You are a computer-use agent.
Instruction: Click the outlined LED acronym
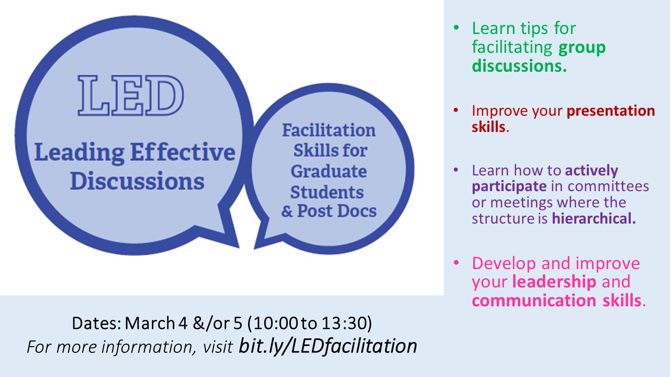131,95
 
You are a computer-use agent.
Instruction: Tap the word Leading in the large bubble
80,153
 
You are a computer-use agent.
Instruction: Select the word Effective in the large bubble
183,152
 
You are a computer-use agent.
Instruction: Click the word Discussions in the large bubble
137,181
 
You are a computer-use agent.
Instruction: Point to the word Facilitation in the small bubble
329,130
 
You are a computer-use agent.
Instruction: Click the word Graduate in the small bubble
329,172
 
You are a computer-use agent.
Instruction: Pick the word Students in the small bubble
327,192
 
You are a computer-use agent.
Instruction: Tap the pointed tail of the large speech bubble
238,247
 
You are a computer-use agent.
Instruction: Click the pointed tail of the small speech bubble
255,248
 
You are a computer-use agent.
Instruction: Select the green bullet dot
456,28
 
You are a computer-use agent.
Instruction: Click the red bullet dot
456,110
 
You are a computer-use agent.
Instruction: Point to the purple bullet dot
456,170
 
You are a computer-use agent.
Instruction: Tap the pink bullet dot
456,263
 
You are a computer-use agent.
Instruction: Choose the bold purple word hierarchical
594,218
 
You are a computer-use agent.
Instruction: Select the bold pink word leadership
554,282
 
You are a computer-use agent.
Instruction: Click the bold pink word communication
534,301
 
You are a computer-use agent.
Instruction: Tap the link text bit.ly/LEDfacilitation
328,346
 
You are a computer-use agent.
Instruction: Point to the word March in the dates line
150,323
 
